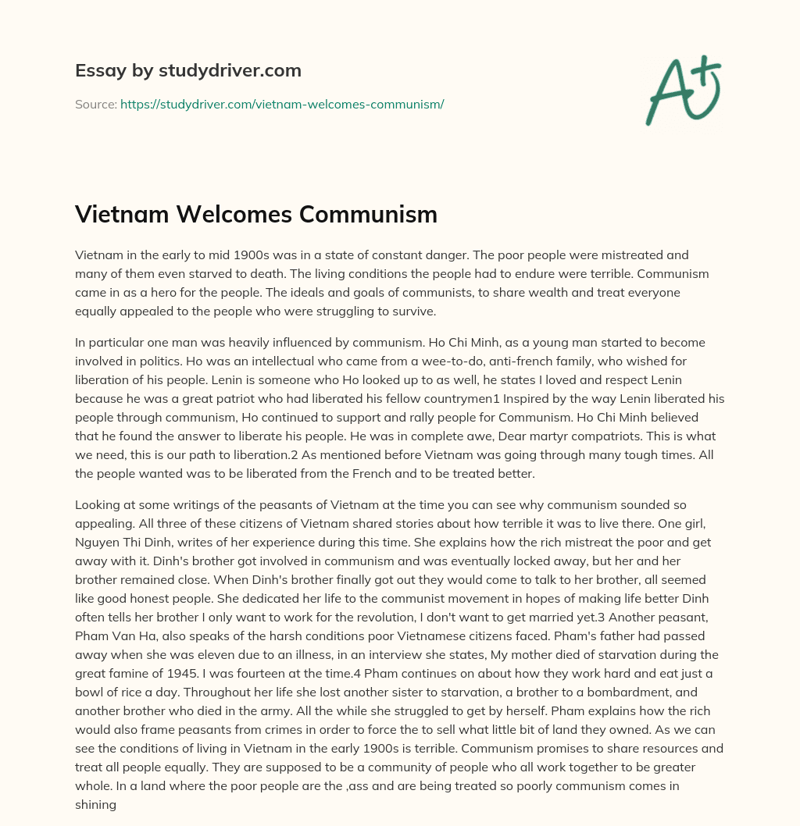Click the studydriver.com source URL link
282,104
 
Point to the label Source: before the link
95,104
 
